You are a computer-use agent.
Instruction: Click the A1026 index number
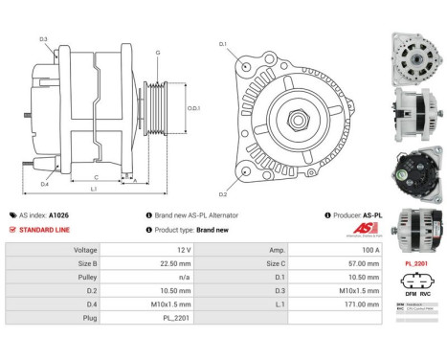tap(58, 215)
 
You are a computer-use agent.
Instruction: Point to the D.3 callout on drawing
tap(44, 38)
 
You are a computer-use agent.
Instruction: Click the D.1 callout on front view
tap(223, 45)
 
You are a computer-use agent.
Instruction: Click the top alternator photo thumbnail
tap(416, 56)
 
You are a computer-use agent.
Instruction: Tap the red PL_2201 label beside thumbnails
tap(416, 261)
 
